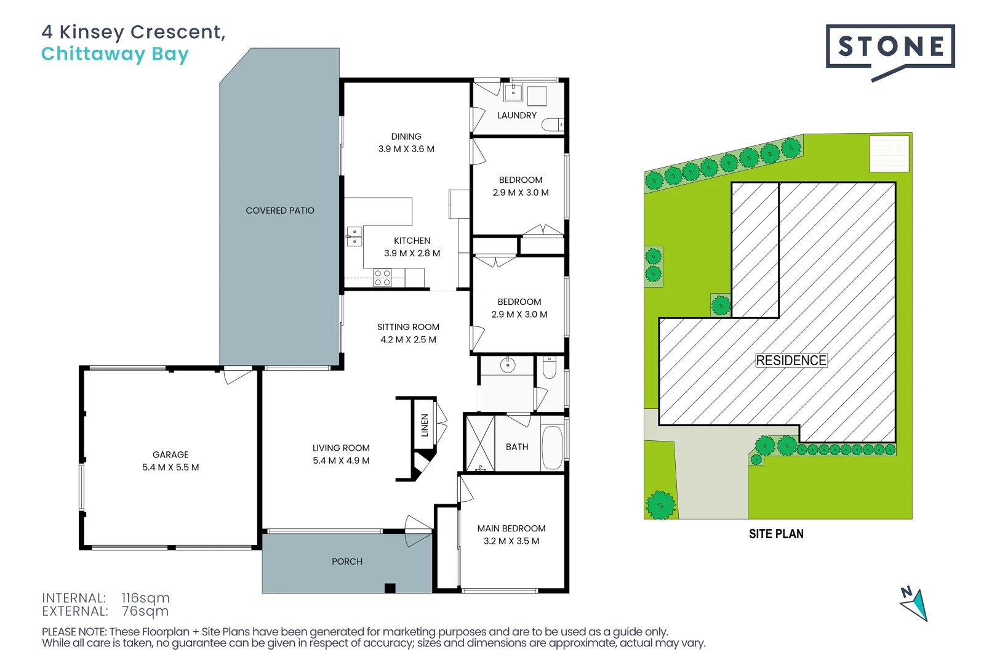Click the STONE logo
pos(890,47)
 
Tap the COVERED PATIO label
pos(280,211)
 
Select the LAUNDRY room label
pos(517,115)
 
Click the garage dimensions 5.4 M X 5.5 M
pos(170,467)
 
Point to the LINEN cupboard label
pos(425,425)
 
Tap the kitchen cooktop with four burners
pos(382,278)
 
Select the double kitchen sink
pos(354,236)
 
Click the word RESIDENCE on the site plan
pos(791,360)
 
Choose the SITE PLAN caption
pos(776,534)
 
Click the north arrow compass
pos(915,604)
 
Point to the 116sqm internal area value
pos(145,598)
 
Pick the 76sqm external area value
pos(145,611)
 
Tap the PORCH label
pos(347,562)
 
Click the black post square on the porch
pos(390,588)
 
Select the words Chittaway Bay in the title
pos(115,54)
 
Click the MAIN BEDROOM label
pos(511,528)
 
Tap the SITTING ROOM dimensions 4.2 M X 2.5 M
pos(408,340)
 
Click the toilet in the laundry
pos(553,125)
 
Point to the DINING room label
pos(406,137)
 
